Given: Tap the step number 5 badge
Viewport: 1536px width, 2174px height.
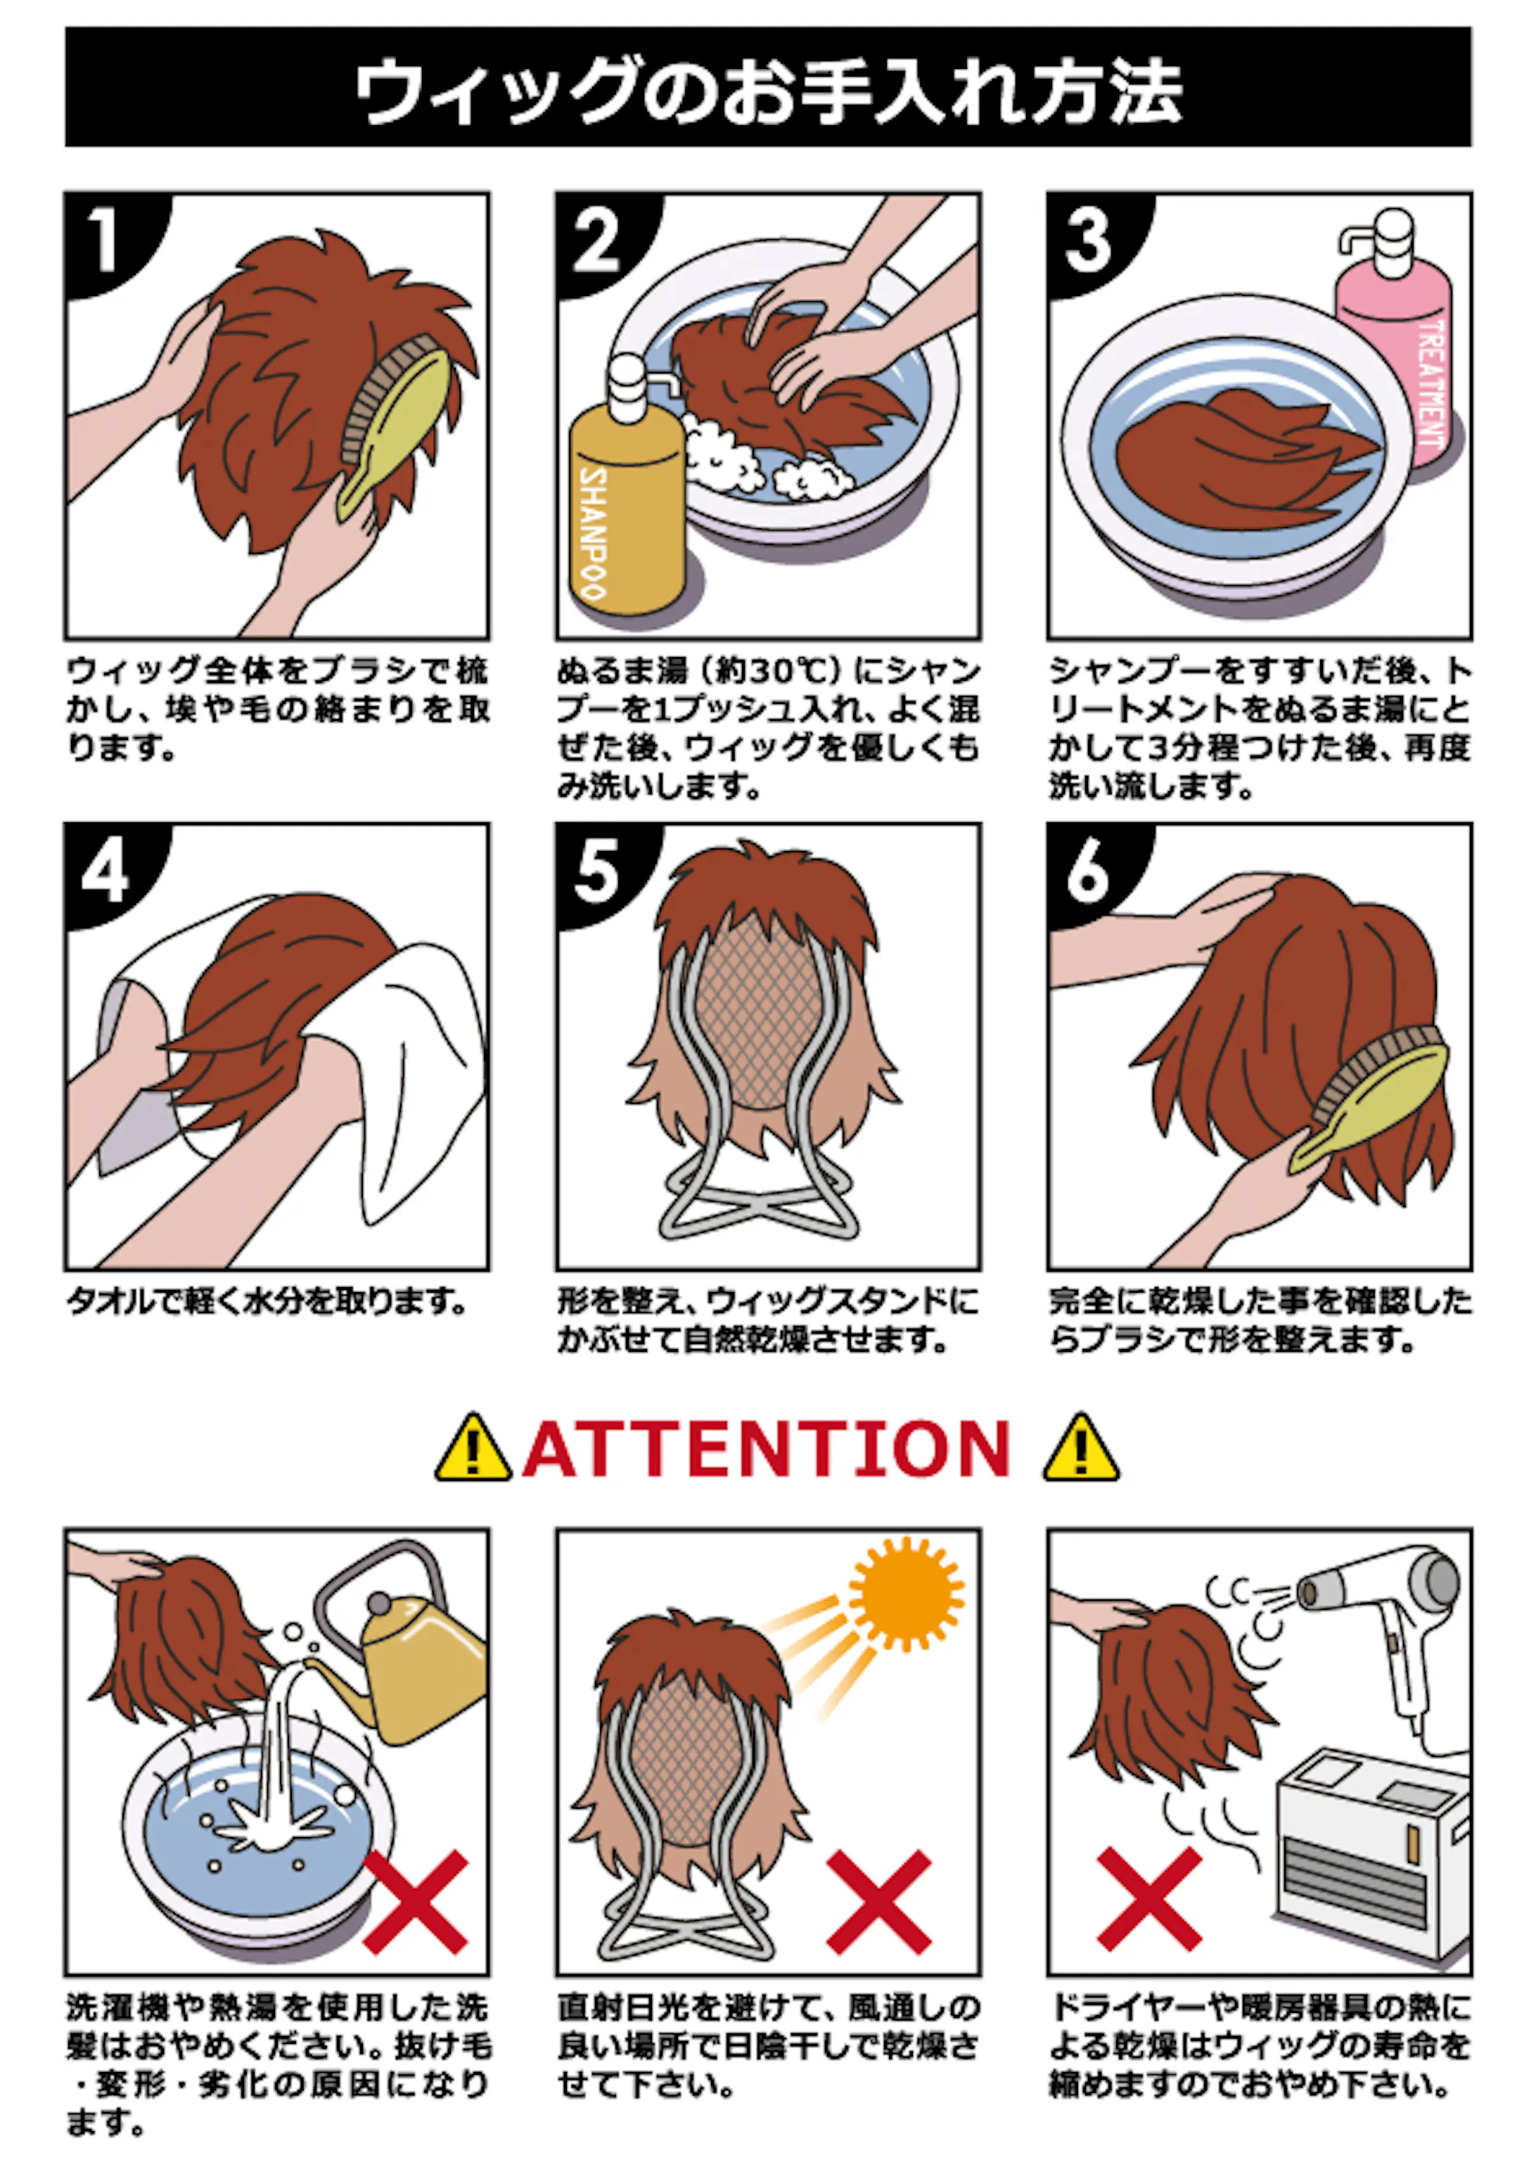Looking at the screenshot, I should pyautogui.click(x=596, y=871).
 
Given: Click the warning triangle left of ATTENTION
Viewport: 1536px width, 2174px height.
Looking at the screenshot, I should pyautogui.click(x=473, y=1450).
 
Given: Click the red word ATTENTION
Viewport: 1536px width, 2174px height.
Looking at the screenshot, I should pyautogui.click(x=767, y=1450).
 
